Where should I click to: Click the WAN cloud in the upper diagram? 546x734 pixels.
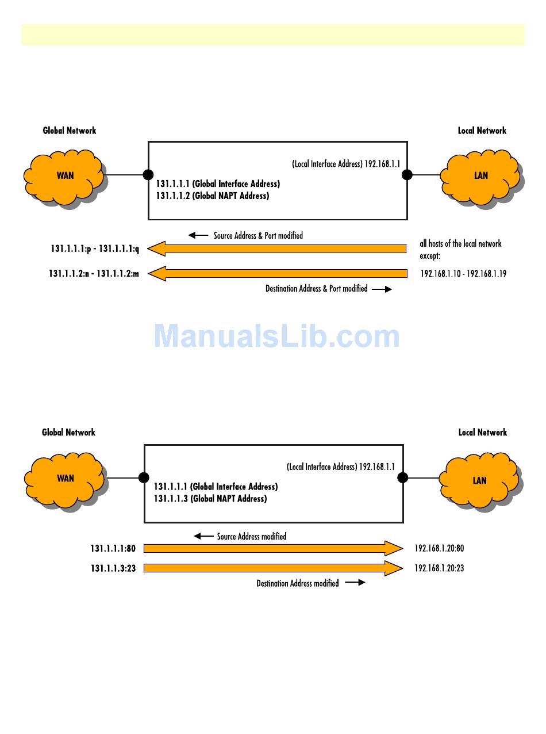coord(64,176)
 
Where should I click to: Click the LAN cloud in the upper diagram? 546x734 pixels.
coord(481,176)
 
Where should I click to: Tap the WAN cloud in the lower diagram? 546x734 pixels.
coord(65,479)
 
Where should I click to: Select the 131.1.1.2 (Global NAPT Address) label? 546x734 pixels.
coord(212,196)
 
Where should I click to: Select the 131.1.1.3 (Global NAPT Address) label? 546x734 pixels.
coord(210,499)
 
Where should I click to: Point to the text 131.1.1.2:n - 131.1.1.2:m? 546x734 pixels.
coord(94,274)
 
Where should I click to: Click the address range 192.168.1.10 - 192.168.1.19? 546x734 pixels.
coord(463,274)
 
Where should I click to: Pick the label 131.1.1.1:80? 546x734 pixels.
coord(113,548)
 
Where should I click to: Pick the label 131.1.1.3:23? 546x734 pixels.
coord(113,568)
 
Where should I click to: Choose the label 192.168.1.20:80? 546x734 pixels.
coord(439,548)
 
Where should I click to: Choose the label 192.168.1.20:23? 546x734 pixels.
coord(439,568)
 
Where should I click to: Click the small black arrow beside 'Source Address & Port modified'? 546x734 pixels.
coord(198,235)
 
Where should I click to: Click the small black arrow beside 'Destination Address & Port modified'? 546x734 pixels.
coord(382,289)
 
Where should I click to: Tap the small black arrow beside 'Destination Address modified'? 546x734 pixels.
coord(355,583)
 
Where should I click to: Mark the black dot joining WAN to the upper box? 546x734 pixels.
coord(148,175)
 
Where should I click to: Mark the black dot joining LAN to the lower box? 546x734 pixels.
coord(403,477)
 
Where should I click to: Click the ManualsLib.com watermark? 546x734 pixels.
coord(276,337)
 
